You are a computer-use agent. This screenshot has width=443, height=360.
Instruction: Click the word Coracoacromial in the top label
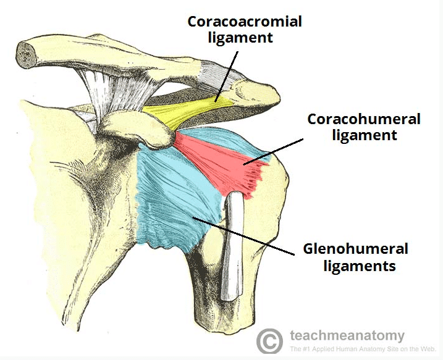click(245, 22)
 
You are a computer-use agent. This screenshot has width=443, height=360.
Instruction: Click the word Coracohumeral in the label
click(364, 119)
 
